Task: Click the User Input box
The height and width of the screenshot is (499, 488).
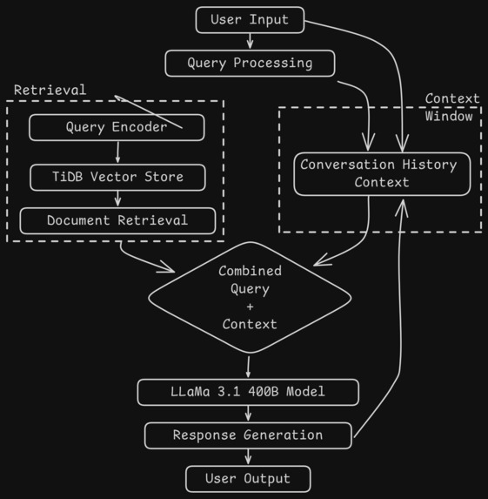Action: tap(251, 20)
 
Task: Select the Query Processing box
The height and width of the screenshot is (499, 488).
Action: tap(250, 63)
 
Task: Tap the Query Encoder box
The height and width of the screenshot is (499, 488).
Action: tap(117, 127)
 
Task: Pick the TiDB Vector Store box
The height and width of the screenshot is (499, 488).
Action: tap(117, 177)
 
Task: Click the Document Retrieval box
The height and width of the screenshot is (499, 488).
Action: tap(117, 220)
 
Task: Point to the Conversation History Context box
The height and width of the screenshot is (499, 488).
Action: tap(382, 173)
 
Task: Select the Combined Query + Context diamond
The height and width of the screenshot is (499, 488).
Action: tap(250, 297)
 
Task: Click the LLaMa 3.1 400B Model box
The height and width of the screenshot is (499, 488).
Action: tap(248, 392)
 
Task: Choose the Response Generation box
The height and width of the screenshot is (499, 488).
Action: tap(248, 435)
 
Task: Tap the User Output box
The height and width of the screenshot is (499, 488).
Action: tap(248, 478)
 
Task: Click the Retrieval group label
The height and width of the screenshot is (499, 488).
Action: tap(50, 90)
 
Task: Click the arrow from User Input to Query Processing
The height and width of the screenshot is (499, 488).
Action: tap(251, 41)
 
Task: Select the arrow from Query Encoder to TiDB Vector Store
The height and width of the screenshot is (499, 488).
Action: tap(117, 152)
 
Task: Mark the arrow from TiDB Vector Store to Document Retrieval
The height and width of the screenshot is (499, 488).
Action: tap(117, 199)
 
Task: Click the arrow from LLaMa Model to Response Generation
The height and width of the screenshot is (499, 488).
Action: tap(248, 414)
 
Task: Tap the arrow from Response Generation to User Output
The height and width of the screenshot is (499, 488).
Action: tap(248, 457)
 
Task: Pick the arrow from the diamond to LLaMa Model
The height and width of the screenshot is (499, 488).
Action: tap(249, 366)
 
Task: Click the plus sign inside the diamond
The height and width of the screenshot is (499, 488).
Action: tap(250, 307)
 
